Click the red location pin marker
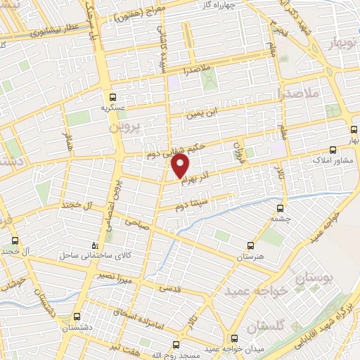click(x=181, y=167)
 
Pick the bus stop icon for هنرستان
click(x=251, y=246)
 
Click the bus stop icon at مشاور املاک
click(x=333, y=150)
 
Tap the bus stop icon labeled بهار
click(x=354, y=129)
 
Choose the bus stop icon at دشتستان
click(x=76, y=316)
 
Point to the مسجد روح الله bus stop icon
click(x=176, y=345)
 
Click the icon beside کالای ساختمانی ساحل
click(x=96, y=245)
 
